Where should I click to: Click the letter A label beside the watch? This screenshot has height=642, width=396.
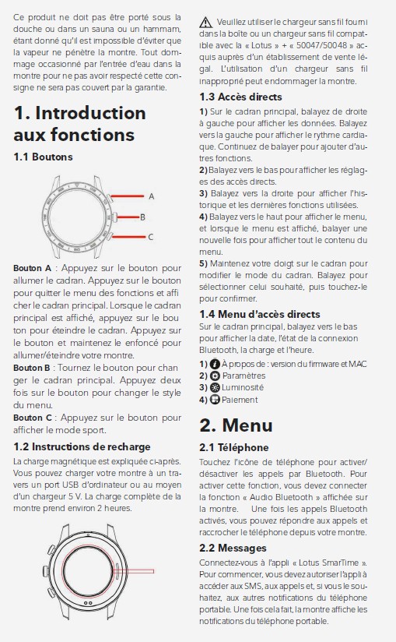click(x=152, y=196)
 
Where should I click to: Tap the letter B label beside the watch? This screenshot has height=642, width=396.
click(x=142, y=217)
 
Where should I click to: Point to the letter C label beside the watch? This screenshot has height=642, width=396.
click(x=150, y=237)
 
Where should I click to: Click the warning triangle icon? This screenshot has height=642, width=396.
click(x=205, y=23)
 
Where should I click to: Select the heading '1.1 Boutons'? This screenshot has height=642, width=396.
click(x=43, y=157)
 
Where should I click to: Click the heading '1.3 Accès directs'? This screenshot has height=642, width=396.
click(x=240, y=97)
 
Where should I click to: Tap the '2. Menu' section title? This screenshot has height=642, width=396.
click(x=236, y=425)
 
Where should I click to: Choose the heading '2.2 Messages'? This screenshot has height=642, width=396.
click(x=233, y=548)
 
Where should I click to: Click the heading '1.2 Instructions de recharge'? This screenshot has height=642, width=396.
click(x=82, y=446)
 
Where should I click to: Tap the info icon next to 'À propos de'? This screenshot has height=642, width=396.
click(x=215, y=364)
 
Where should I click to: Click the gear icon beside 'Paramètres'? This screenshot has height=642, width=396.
click(x=215, y=376)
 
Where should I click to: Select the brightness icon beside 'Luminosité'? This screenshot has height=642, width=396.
click(x=215, y=387)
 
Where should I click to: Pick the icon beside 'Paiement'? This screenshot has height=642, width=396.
click(x=215, y=399)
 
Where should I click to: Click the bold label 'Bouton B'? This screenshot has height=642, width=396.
click(x=31, y=368)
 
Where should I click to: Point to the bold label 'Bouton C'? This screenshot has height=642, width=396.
click(x=33, y=418)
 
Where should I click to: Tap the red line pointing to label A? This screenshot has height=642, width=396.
click(x=127, y=196)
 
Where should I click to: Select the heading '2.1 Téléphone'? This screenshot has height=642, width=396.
click(x=233, y=447)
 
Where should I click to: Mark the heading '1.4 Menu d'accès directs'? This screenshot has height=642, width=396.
click(x=260, y=315)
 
